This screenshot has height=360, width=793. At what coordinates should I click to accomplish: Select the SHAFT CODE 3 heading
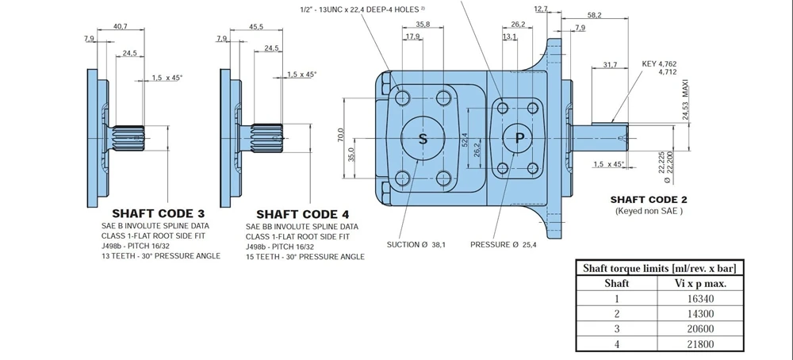pyautogui.click(x=159, y=213)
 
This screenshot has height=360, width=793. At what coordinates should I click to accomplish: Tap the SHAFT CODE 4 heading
pyautogui.click(x=302, y=214)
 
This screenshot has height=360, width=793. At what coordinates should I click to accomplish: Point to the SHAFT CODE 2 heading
pyautogui.click(x=649, y=200)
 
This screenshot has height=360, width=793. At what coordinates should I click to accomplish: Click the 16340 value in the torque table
pyautogui.click(x=700, y=298)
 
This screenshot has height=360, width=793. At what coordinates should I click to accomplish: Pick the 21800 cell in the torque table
pyautogui.click(x=700, y=344)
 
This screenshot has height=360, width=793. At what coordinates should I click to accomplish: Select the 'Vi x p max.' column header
pyautogui.click(x=700, y=283)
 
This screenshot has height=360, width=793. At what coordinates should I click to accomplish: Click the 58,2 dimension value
pyautogui.click(x=594, y=15)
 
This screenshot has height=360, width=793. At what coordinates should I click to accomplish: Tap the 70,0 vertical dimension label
pyautogui.click(x=341, y=136)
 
